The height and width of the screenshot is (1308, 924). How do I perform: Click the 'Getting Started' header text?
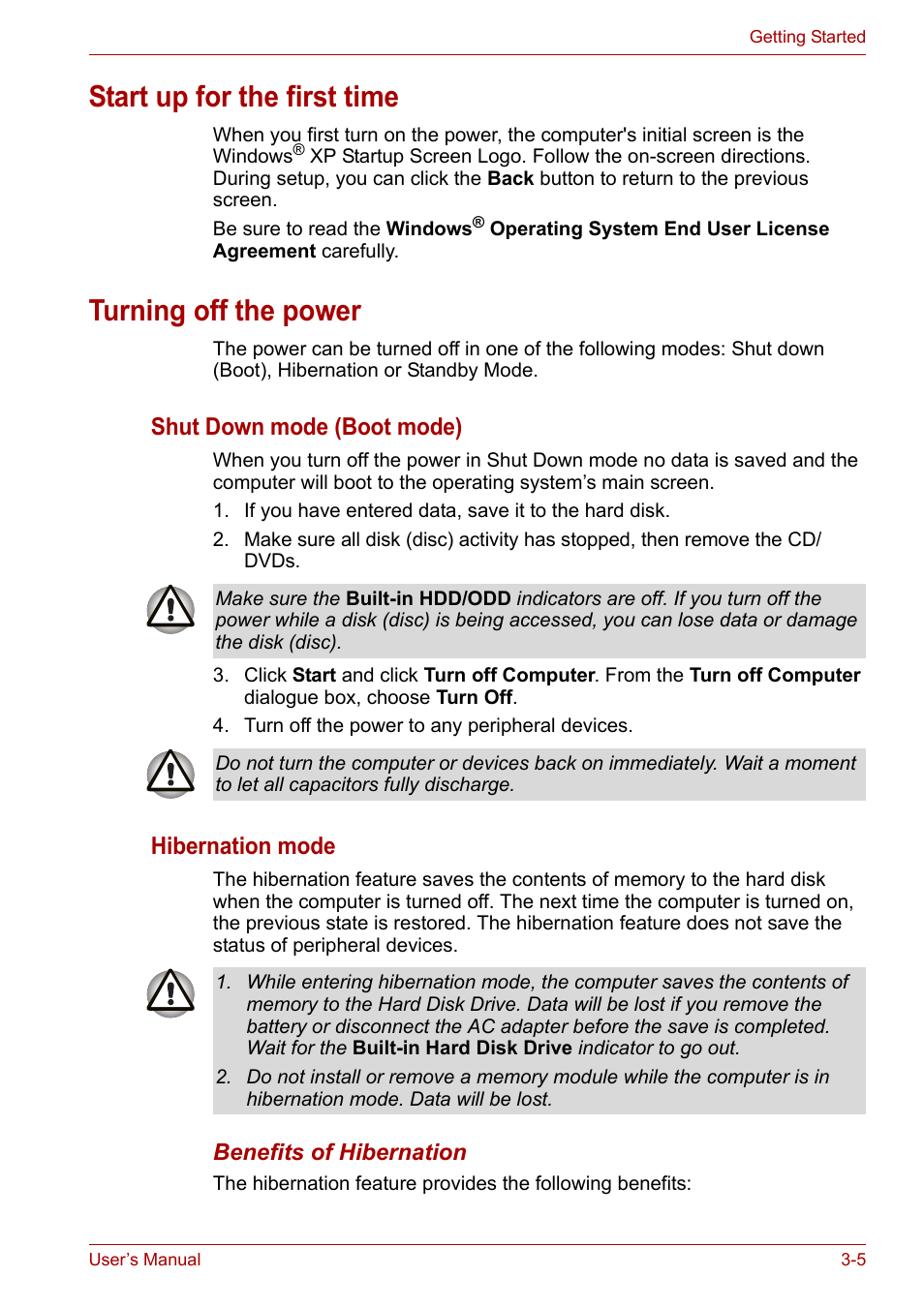click(807, 37)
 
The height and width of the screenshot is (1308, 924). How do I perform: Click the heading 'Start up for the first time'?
click(243, 97)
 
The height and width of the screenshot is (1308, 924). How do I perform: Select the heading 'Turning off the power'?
click(225, 311)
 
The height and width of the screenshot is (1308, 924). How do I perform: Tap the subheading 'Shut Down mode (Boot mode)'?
click(306, 427)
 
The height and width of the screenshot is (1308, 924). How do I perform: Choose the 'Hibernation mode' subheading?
click(242, 846)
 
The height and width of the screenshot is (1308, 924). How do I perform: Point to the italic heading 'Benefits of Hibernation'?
click(340, 1152)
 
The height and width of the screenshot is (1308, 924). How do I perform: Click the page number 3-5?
click(852, 1260)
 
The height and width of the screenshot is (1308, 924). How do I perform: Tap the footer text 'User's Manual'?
click(144, 1260)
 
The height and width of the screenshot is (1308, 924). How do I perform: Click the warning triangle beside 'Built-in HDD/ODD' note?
click(170, 609)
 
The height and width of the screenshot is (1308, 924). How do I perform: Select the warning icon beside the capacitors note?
click(170, 774)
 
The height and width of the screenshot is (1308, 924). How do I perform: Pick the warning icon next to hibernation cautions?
click(170, 993)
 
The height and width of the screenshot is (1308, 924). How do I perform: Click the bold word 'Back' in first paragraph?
click(510, 179)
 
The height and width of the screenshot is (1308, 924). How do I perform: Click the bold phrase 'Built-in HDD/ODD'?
click(428, 599)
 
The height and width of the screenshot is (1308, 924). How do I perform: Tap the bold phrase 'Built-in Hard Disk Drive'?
click(462, 1049)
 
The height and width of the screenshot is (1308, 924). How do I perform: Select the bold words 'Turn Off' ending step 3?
click(474, 698)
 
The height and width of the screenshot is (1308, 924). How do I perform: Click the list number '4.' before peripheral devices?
click(221, 726)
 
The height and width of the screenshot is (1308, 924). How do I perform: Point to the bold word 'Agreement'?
click(263, 252)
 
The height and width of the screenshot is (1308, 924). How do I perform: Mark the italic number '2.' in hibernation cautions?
click(224, 1078)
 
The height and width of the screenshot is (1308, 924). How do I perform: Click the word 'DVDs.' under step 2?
click(272, 562)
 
